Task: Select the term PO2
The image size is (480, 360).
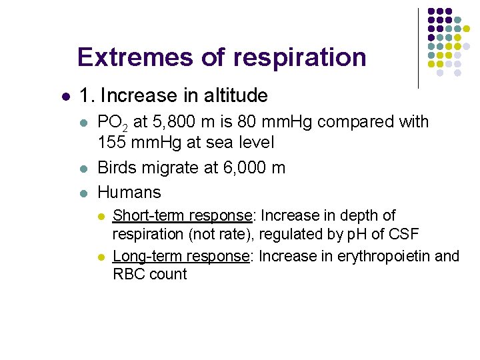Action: click(113, 123)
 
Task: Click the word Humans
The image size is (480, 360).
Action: click(129, 193)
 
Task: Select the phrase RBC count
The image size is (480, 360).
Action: click(149, 274)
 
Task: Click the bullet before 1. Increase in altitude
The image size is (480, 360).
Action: click(64, 97)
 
